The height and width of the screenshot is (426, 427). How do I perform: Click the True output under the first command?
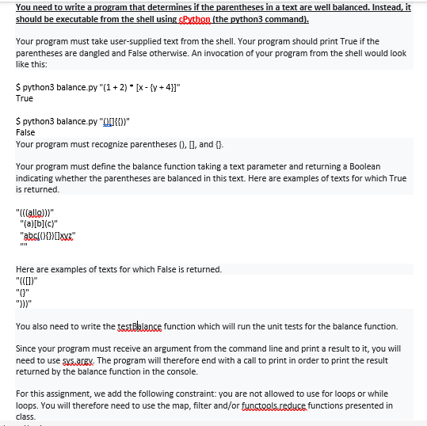(x=25, y=99)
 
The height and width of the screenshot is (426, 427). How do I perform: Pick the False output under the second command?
(x=25, y=132)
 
